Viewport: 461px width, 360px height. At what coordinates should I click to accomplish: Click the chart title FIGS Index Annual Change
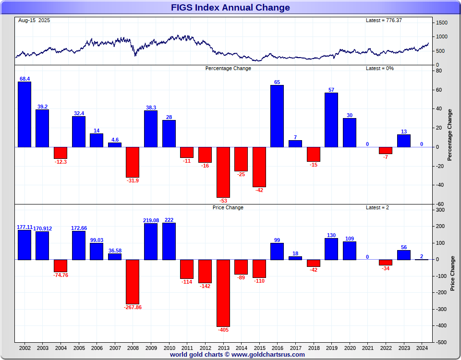click(x=230, y=8)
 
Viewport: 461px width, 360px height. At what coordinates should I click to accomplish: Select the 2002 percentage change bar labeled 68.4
click(x=24, y=114)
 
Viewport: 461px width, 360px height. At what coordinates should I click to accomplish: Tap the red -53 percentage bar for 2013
click(x=223, y=172)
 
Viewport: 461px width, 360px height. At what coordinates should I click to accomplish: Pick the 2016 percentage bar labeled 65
click(x=277, y=116)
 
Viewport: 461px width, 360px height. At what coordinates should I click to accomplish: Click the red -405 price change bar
click(x=223, y=293)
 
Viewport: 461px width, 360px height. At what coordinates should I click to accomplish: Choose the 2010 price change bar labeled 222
click(x=169, y=241)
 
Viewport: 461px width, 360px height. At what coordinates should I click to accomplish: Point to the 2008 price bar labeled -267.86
click(x=133, y=282)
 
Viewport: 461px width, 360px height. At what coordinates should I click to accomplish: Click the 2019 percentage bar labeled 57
click(x=331, y=120)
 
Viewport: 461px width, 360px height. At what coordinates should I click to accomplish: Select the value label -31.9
click(x=133, y=180)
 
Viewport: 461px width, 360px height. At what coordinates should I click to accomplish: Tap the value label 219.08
click(x=151, y=220)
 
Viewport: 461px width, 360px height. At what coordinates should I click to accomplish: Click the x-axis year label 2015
click(x=259, y=348)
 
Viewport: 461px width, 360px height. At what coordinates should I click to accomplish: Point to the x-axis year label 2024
click(x=422, y=348)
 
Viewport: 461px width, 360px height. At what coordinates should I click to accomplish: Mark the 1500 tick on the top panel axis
click(x=442, y=23)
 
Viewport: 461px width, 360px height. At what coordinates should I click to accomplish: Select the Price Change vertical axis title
click(x=452, y=274)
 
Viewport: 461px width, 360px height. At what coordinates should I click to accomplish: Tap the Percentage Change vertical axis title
click(x=450, y=135)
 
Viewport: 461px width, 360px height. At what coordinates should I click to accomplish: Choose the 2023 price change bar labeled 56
click(x=404, y=255)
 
